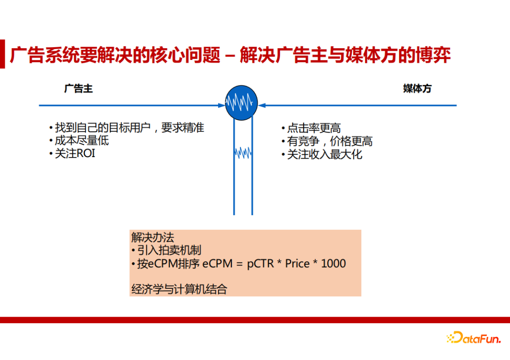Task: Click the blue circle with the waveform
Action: [242, 103]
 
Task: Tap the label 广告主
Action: [78, 89]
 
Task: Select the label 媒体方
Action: [417, 89]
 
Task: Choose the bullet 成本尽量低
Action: [81, 141]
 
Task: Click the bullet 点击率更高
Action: [314, 128]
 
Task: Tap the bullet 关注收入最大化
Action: [324, 154]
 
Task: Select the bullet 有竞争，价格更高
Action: [330, 141]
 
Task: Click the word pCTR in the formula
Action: [260, 264]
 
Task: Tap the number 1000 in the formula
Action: [333, 264]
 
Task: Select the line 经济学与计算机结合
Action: [179, 289]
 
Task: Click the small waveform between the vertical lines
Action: [243, 152]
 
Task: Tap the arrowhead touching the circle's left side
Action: [222, 105]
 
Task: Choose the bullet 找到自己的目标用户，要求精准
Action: [129, 128]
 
